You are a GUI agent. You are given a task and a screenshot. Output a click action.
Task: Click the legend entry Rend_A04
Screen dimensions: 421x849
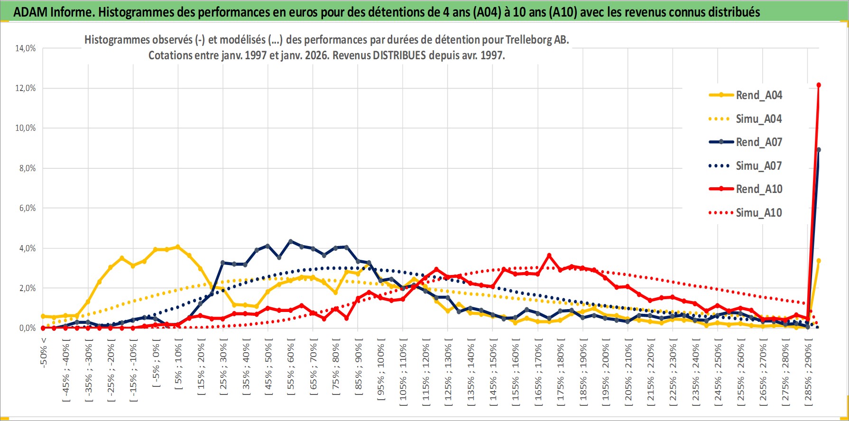(758, 95)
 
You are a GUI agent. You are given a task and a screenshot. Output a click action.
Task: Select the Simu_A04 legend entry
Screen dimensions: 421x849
(758, 119)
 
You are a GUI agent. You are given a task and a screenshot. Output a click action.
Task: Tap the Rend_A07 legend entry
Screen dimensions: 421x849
(758, 142)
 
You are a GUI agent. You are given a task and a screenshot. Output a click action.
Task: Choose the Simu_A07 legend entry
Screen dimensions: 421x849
(758, 166)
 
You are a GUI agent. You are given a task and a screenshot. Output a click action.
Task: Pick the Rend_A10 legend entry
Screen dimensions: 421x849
(758, 189)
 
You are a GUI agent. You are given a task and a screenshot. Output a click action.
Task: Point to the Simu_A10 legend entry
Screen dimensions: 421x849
(758, 213)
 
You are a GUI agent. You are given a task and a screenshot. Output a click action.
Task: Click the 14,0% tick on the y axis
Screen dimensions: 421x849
(26, 48)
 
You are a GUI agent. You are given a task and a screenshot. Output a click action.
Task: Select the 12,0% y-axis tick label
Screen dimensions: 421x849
(26, 88)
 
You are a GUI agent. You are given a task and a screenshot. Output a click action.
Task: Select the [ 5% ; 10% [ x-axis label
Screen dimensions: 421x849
(178, 365)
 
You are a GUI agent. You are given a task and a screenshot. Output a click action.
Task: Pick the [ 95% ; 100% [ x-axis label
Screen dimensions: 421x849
(381, 370)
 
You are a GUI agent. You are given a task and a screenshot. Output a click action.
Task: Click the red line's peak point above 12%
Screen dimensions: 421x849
(819, 85)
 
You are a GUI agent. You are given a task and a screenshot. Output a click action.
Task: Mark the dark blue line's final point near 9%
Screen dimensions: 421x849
(819, 150)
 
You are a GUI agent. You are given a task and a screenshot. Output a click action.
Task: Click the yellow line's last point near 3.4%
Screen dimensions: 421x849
(819, 261)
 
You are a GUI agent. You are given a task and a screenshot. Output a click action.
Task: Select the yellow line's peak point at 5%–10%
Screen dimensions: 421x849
(178, 247)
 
